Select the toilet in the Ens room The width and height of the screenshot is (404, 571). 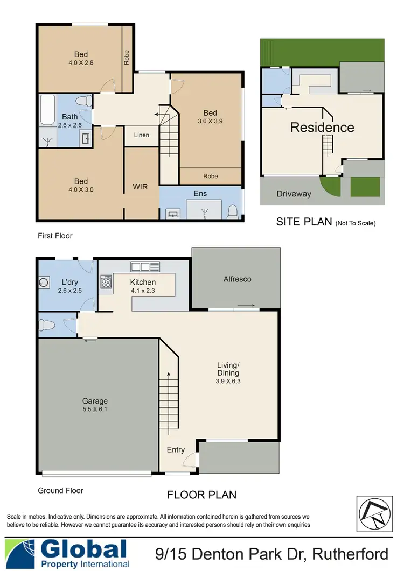[233, 212]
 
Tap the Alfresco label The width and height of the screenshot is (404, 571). [237, 279]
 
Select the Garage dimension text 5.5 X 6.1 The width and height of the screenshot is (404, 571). [95, 410]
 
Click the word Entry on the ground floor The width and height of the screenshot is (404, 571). [176, 450]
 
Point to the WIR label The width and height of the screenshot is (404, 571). [140, 187]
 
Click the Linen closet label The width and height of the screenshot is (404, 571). [141, 136]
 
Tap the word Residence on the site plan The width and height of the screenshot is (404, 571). [322, 128]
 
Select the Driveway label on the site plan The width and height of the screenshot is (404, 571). [294, 194]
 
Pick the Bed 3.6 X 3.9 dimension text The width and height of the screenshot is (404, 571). [210, 122]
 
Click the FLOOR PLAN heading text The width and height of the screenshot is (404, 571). [201, 495]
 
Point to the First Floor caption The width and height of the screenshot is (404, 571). [55, 236]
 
